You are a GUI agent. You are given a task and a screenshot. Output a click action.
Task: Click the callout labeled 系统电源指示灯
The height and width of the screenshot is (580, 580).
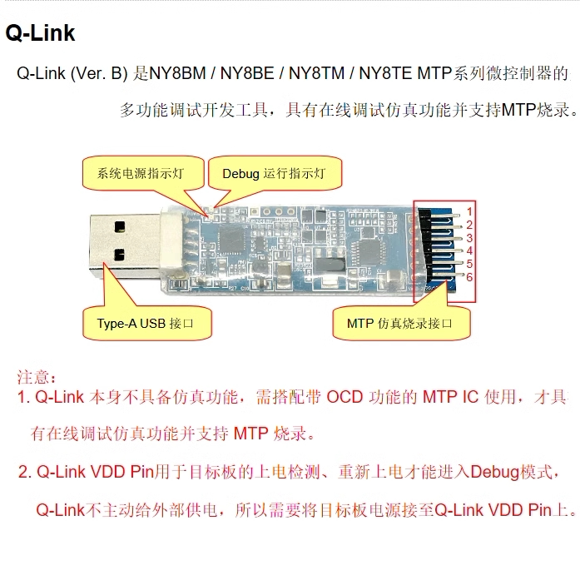pyautogui.click(x=139, y=174)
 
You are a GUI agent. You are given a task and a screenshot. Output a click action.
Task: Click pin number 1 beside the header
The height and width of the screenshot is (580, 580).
pyautogui.click(x=469, y=211)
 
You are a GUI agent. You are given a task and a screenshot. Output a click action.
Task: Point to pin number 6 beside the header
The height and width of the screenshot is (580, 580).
pyautogui.click(x=469, y=277)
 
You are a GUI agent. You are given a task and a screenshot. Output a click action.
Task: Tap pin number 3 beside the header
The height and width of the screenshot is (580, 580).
pyautogui.click(x=469, y=238)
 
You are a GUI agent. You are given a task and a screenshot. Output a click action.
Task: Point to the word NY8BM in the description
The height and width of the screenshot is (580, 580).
pyautogui.click(x=180, y=73)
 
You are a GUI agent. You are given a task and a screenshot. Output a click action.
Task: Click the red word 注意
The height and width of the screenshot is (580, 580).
pyautogui.click(x=37, y=378)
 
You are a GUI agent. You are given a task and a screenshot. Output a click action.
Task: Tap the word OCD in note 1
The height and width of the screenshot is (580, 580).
pyautogui.click(x=345, y=397)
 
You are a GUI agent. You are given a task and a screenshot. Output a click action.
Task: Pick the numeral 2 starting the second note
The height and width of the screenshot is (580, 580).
pyautogui.click(x=23, y=472)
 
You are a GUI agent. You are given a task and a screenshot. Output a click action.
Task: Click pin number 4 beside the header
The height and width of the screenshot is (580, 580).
pyautogui.click(x=469, y=250)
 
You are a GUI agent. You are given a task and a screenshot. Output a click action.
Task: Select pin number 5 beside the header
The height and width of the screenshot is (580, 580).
pyautogui.click(x=469, y=264)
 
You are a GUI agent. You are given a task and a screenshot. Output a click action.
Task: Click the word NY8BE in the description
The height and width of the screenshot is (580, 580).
pyautogui.click(x=247, y=73)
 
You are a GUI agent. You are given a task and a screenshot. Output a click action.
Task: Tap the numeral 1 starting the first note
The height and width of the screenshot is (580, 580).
pyautogui.click(x=22, y=397)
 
